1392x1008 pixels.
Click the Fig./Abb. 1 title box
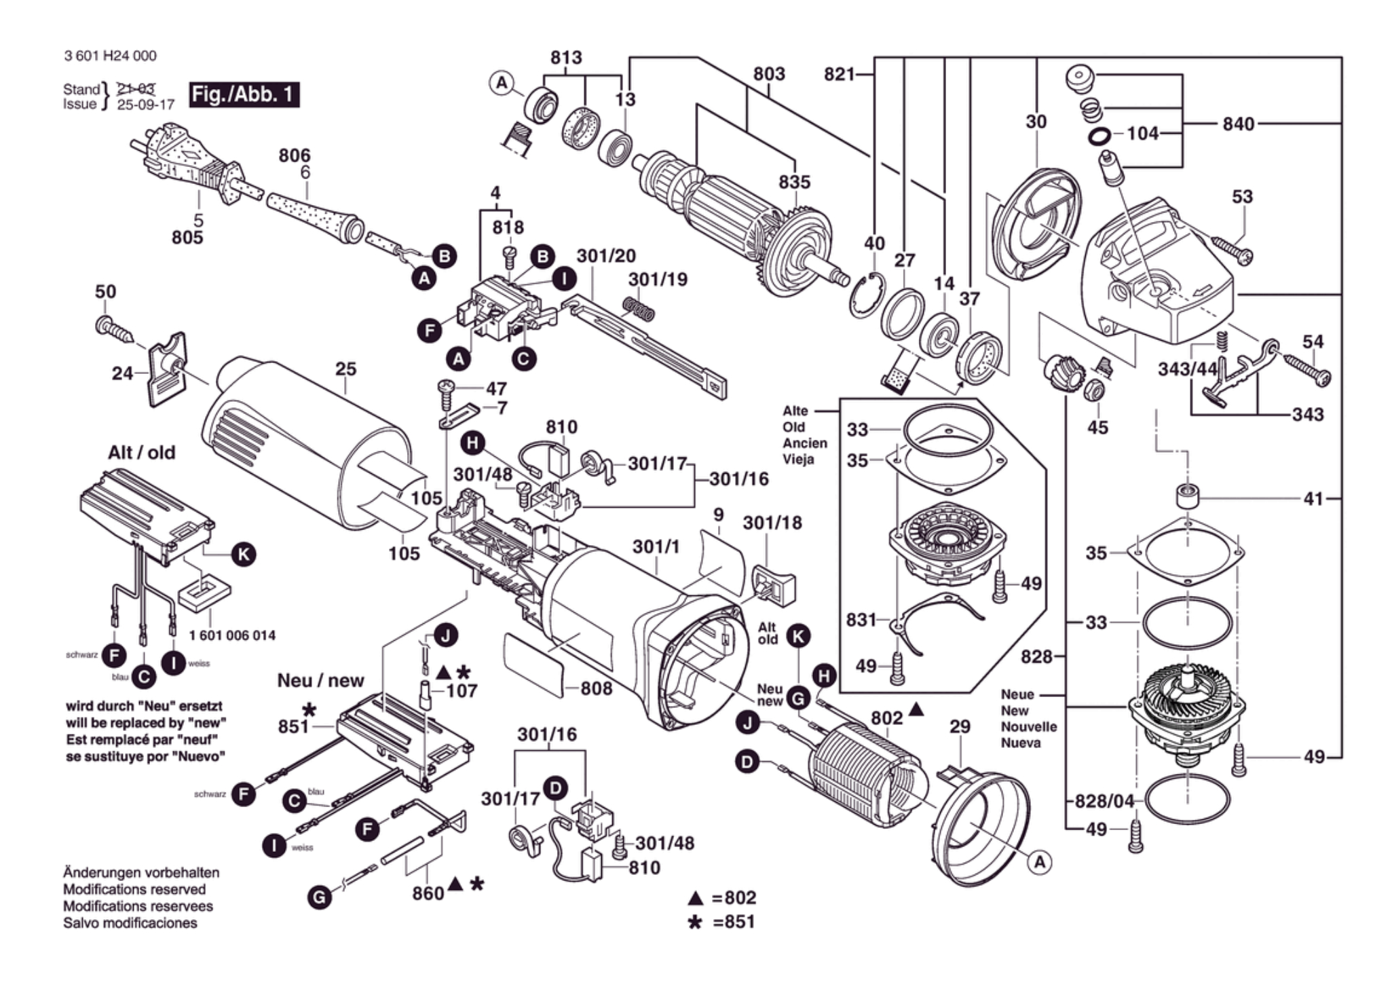[244, 94]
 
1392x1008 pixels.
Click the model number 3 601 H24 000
[110, 56]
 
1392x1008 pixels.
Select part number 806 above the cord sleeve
[295, 155]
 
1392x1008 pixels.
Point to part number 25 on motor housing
[345, 369]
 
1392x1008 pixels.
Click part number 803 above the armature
[769, 73]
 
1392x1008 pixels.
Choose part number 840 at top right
[1239, 124]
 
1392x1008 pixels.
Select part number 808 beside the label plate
[597, 688]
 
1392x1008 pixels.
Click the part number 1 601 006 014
[232, 635]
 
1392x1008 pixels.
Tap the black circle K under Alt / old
[243, 555]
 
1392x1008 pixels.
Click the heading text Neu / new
[320, 680]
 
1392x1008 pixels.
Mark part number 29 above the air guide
[960, 727]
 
